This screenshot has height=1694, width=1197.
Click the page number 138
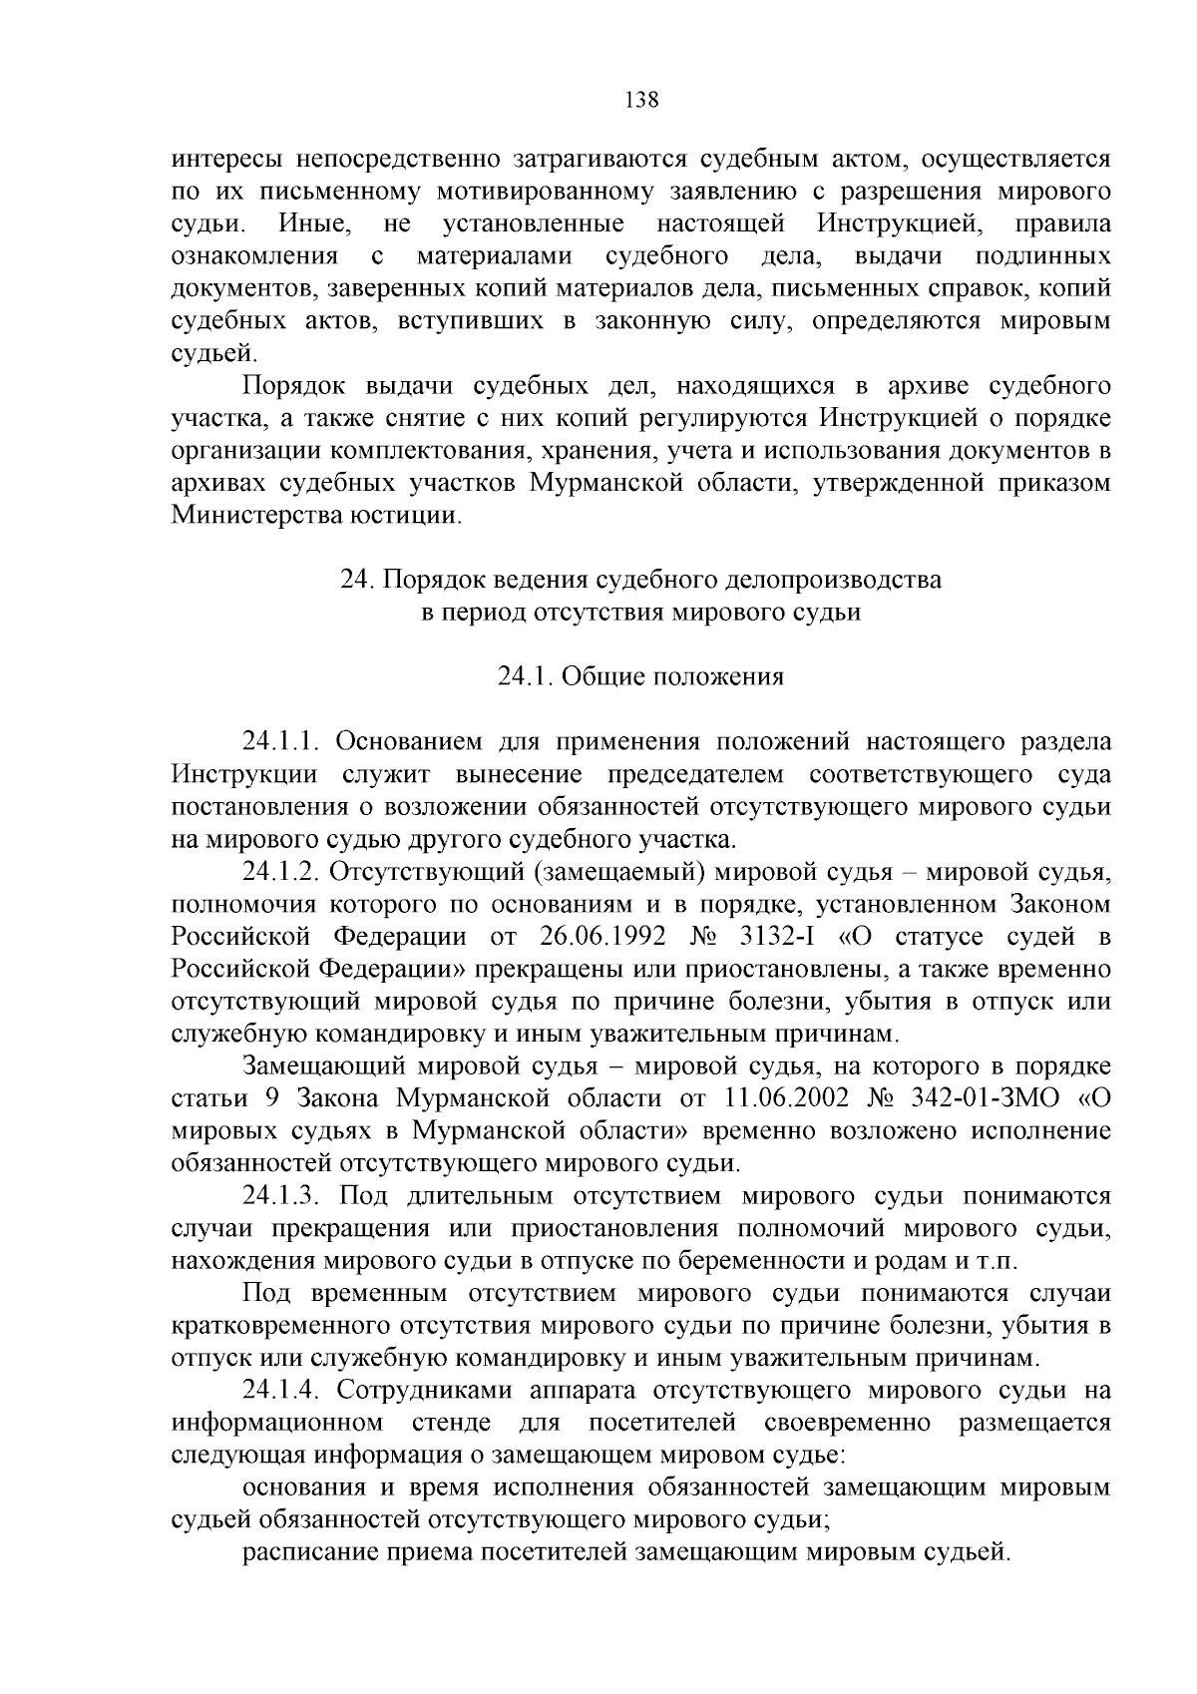(640, 100)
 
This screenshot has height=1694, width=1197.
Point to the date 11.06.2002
(782, 1098)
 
